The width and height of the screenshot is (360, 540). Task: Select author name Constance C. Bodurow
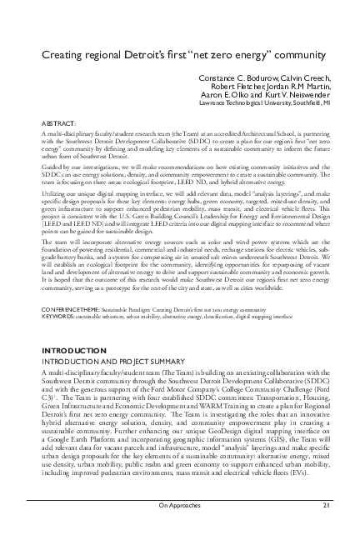coord(235,78)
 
